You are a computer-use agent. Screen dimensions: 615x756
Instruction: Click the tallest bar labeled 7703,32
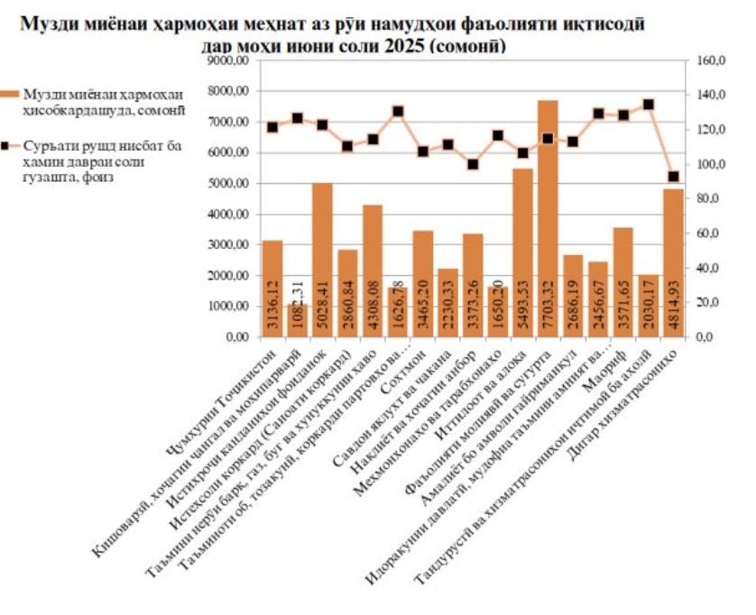549,216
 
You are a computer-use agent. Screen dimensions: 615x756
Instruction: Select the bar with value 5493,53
523,252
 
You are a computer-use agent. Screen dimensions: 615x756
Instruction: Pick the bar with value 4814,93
674,262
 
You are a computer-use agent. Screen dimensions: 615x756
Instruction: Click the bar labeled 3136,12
272,288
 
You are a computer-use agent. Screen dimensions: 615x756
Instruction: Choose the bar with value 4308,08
373,271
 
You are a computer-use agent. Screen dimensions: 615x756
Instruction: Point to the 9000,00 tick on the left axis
229,61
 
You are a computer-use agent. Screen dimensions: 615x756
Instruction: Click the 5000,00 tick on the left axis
229,184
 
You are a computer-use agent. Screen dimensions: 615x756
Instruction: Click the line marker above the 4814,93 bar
674,177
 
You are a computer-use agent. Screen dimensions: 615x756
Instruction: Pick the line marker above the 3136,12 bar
272,127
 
